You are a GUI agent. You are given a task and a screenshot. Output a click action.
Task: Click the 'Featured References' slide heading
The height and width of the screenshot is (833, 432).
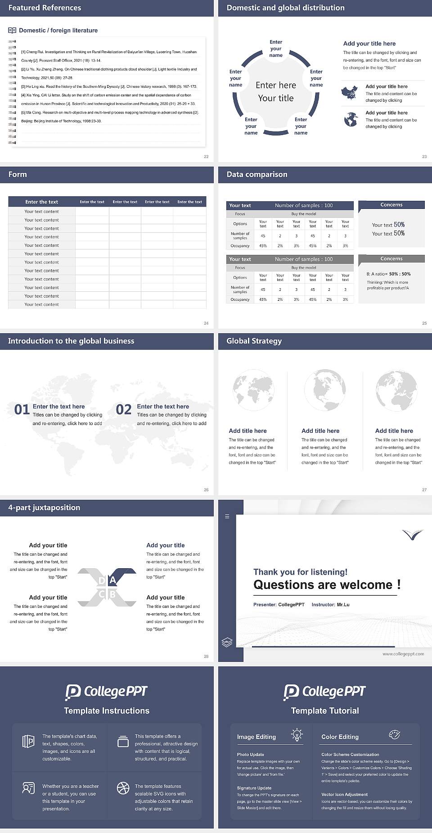[x=45, y=8]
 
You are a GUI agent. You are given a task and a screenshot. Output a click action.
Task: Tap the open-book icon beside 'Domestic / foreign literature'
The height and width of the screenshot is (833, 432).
[x=12, y=31]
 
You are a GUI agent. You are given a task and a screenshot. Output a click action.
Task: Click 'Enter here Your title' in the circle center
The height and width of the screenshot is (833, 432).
[x=276, y=91]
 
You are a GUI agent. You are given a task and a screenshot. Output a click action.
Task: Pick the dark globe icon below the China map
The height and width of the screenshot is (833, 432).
[x=351, y=120]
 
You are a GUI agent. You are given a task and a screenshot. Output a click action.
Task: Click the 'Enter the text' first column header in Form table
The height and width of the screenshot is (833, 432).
[x=41, y=202]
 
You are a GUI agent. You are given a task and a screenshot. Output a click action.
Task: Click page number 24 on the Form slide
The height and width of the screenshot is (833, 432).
[x=206, y=323]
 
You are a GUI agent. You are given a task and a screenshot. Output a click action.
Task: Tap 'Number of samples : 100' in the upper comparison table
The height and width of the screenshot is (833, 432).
[x=304, y=205]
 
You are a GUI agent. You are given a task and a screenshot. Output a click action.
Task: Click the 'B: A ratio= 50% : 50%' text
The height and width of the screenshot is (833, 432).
[x=388, y=274]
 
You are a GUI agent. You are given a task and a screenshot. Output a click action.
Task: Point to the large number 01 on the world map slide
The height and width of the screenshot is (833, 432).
[x=22, y=410]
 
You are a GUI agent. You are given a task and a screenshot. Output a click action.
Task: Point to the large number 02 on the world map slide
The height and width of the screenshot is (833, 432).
[x=124, y=410]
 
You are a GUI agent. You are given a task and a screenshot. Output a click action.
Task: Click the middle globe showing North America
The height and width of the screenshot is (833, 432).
[x=324, y=390]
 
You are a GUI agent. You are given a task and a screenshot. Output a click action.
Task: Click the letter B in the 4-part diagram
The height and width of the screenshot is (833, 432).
[x=112, y=594]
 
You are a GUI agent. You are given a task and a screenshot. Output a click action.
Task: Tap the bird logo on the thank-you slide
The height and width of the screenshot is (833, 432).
[x=413, y=534]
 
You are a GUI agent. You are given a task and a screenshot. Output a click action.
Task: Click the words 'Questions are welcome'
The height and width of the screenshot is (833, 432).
[x=323, y=585]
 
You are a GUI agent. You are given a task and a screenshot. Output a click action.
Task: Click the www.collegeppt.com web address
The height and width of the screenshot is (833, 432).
[x=403, y=654]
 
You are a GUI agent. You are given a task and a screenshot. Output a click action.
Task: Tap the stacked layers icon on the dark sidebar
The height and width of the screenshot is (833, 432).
[x=227, y=643]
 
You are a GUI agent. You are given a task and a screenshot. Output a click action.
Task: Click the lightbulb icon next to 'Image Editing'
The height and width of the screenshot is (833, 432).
[x=297, y=734]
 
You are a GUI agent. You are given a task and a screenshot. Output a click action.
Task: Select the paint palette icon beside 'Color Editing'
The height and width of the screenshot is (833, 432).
[x=394, y=734]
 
